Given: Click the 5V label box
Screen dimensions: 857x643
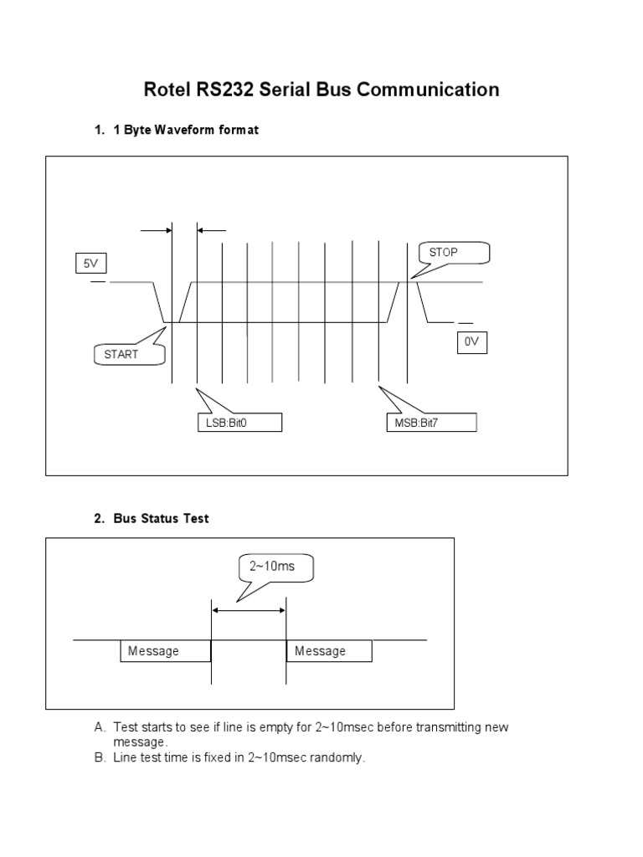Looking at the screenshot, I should tap(90, 264).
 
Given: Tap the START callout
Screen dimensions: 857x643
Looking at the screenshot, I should tap(121, 354).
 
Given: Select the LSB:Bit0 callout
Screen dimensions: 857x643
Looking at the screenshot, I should tap(239, 423).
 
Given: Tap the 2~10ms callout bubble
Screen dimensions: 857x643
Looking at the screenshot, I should tap(272, 567).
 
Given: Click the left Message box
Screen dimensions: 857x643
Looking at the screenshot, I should tap(165, 651).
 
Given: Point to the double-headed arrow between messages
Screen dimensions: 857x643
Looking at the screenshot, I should tap(249, 611).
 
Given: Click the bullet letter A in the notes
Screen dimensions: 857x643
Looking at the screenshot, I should tap(100, 727).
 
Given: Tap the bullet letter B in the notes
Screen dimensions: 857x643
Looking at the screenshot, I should tap(100, 757).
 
